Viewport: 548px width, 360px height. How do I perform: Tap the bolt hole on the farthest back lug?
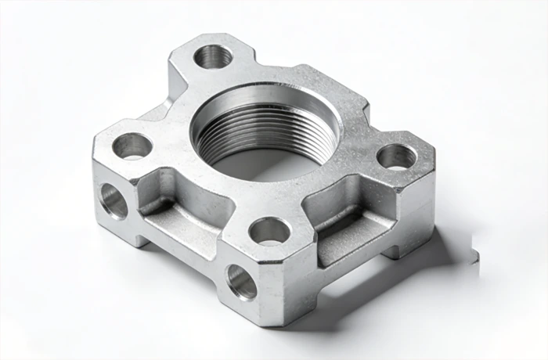(212, 56)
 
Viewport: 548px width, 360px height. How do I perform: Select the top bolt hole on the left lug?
(132, 145)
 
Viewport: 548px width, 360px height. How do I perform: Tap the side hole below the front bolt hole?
(240, 282)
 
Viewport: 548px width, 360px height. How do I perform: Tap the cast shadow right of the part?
(446, 250)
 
